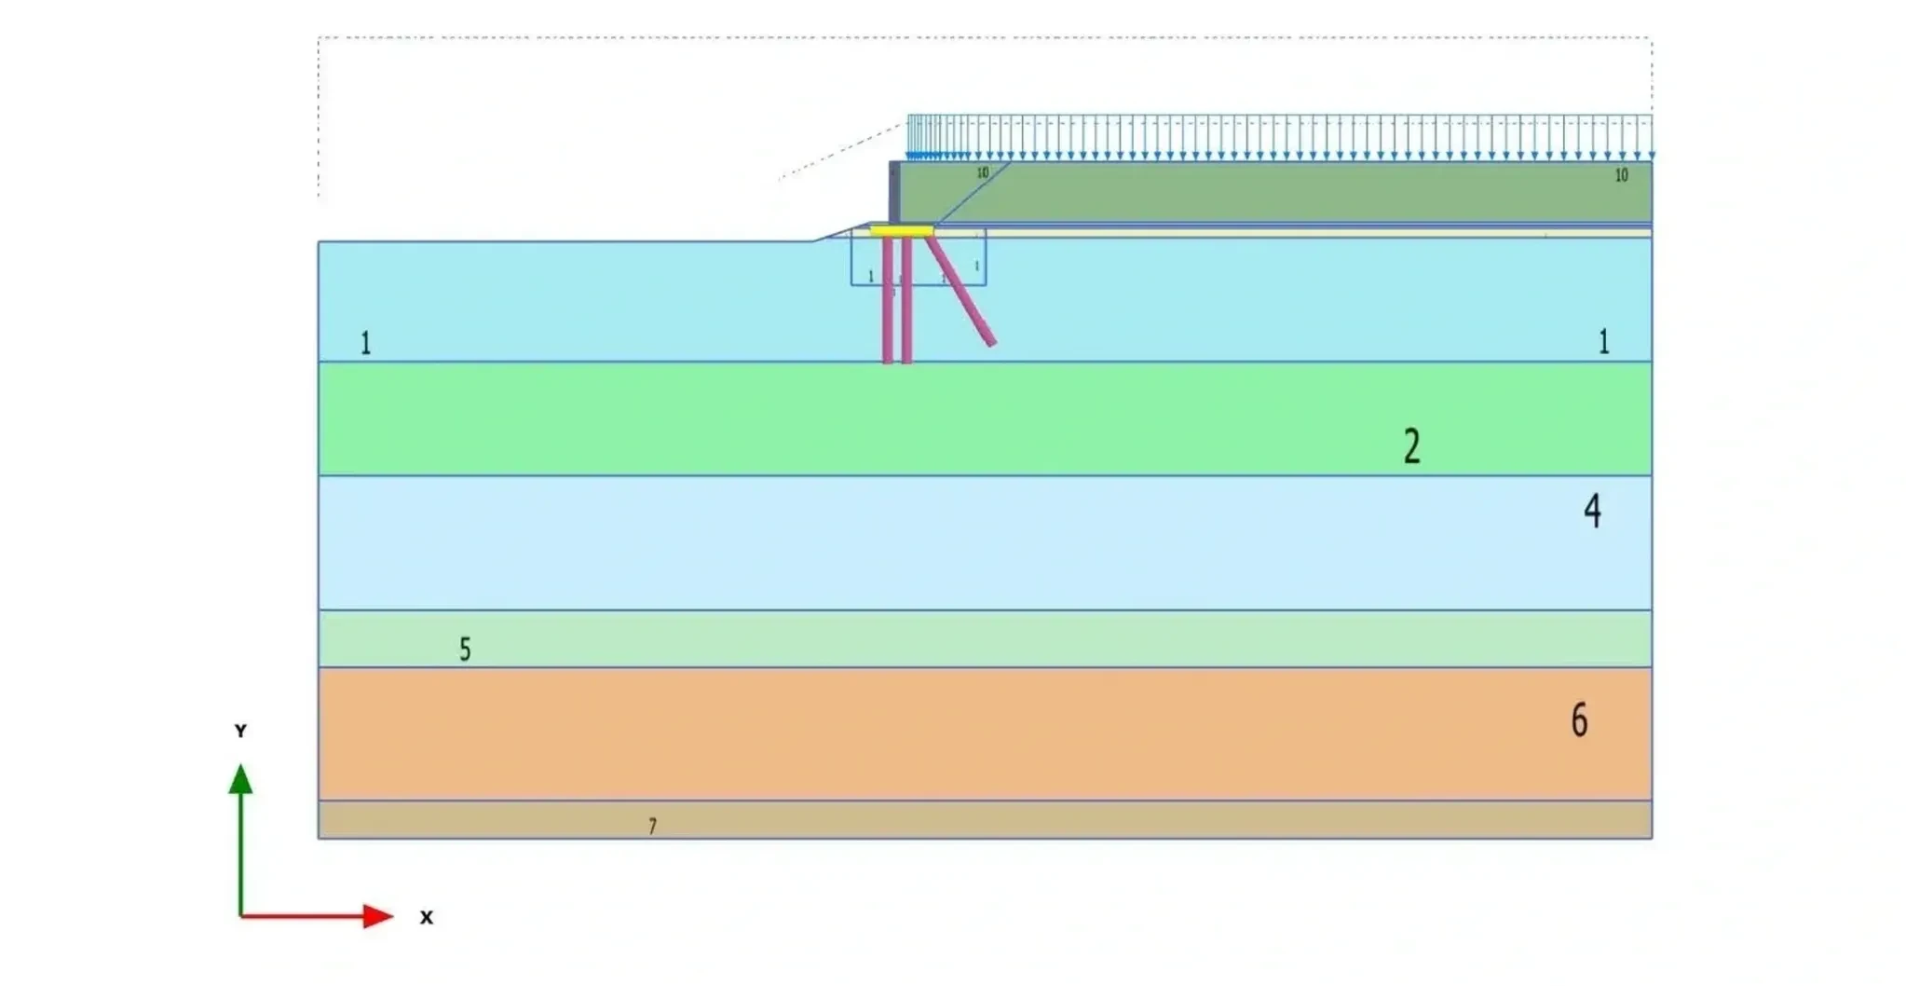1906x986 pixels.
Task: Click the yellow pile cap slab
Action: pos(901,230)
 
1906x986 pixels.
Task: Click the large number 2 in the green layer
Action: pos(1411,445)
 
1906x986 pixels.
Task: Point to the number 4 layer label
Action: pos(1592,511)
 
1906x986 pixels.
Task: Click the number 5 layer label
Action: pos(465,649)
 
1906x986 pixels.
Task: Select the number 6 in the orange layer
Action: pos(1579,720)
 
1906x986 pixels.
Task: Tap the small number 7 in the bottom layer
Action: pos(652,826)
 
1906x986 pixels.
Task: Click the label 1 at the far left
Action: pos(365,343)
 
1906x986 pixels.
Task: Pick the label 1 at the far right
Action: pos(1603,342)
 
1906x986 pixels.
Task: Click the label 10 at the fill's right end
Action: pos(1621,175)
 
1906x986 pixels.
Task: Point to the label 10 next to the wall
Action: pos(982,172)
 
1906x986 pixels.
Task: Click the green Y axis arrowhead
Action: pos(240,779)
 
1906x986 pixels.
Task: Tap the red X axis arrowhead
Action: pos(377,916)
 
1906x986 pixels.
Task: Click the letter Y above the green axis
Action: pos(240,731)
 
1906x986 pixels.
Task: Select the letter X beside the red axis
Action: pos(426,917)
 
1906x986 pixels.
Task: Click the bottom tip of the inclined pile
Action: pos(991,343)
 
